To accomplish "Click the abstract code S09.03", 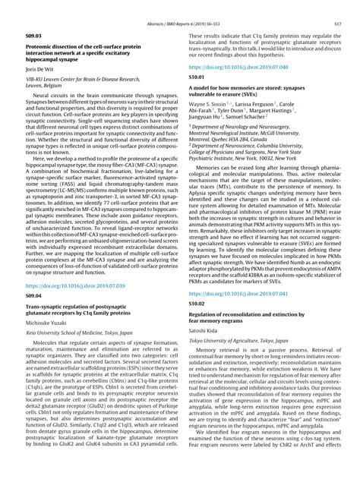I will click(x=33, y=36).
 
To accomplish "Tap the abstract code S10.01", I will click(x=195, y=77).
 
